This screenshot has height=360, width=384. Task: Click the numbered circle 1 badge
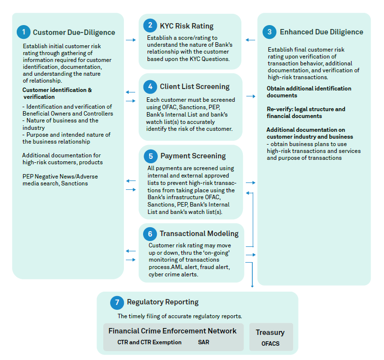23,32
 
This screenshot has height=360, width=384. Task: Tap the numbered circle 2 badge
149,26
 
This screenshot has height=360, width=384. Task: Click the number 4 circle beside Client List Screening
150,87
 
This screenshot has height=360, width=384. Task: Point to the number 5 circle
150,156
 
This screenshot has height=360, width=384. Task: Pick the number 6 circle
150,234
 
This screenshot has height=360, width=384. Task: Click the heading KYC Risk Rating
186,26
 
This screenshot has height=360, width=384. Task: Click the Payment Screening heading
193,156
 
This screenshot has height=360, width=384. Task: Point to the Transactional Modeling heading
199,234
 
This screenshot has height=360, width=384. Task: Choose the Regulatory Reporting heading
163,302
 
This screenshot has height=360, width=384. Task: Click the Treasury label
270,332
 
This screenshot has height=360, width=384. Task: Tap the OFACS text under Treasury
270,343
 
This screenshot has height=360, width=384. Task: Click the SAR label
204,342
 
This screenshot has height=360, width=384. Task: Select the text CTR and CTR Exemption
149,342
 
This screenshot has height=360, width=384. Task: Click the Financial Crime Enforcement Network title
173,331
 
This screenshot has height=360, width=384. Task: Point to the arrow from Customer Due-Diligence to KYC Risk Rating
131,40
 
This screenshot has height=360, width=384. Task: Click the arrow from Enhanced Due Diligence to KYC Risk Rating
250,40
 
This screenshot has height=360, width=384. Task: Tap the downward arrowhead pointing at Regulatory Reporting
252,285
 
